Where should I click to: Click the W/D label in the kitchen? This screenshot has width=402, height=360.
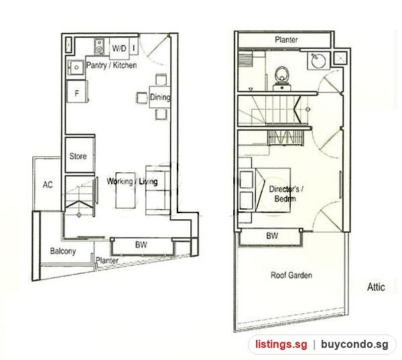click(119, 48)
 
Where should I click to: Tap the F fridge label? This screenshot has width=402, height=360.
click(76, 93)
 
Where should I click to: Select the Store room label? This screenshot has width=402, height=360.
click(78, 156)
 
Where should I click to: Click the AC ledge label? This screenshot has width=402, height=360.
click(48, 184)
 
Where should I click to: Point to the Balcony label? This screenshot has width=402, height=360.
click(63, 251)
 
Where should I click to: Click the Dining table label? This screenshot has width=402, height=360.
click(160, 97)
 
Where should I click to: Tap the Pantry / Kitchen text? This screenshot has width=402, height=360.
click(111, 65)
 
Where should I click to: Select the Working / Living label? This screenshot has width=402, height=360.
click(132, 182)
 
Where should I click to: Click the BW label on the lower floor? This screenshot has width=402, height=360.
click(141, 245)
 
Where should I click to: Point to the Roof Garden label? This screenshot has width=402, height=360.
click(291, 276)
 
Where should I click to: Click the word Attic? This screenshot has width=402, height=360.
click(376, 287)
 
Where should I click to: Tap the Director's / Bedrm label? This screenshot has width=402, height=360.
click(285, 194)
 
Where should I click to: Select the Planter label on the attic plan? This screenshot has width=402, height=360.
click(286, 40)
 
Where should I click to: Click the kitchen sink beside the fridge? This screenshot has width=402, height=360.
click(76, 68)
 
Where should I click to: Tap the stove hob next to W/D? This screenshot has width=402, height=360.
click(99, 46)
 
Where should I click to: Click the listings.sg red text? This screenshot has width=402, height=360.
click(281, 345)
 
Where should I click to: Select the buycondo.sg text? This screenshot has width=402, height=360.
click(354, 345)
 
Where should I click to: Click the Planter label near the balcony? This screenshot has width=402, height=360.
click(107, 261)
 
